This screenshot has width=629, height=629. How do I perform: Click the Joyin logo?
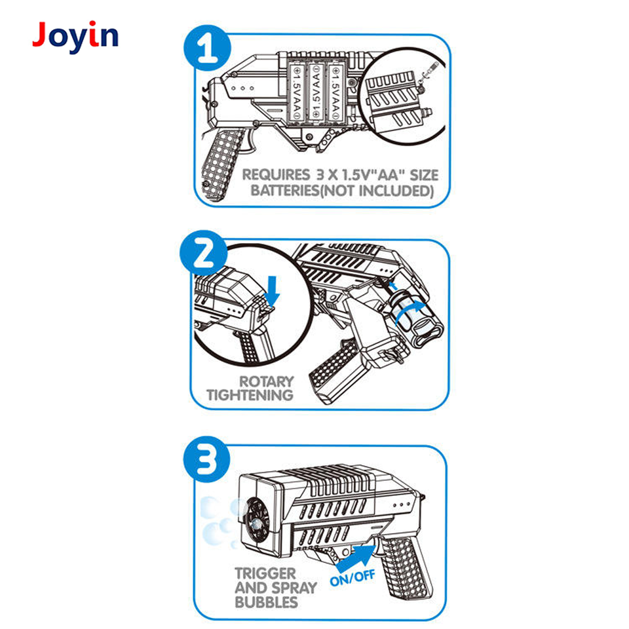(75, 37)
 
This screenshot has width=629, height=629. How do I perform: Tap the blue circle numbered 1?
(208, 48)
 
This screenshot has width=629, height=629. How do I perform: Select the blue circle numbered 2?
(204, 254)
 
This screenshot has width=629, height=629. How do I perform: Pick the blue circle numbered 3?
(207, 460)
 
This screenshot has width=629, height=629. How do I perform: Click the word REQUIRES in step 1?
(276, 175)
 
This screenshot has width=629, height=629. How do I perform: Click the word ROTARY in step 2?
(267, 381)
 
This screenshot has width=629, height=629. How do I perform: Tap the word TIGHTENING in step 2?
(250, 396)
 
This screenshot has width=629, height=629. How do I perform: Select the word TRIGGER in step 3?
(265, 574)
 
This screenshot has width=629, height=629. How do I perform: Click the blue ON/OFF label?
(353, 578)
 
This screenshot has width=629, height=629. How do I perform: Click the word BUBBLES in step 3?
(267, 603)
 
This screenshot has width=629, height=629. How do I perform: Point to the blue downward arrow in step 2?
(273, 291)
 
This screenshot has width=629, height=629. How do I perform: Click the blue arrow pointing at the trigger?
(355, 557)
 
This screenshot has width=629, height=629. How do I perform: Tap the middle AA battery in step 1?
(316, 93)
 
